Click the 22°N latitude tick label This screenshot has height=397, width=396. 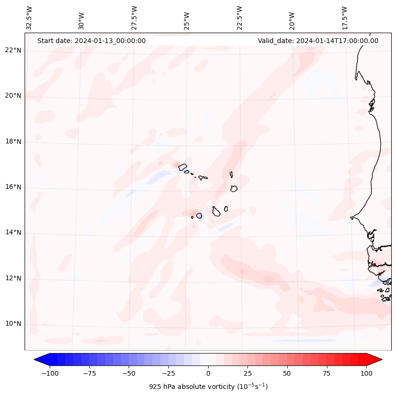coord(13,51)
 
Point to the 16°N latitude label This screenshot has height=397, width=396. coord(13,187)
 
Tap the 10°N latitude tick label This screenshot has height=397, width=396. coord(13,324)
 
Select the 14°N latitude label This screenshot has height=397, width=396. coord(13,233)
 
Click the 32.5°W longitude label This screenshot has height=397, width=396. coord(29,18)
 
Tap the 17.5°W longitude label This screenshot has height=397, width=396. coord(344,18)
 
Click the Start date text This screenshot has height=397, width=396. coord(91,41)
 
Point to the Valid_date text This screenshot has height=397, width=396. coord(318,41)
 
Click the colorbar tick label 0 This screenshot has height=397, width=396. coord(208,373)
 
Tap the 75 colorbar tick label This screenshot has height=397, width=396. coord(327,373)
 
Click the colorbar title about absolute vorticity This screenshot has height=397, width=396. coord(208,387)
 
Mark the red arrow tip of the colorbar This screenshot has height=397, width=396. coord(380,360)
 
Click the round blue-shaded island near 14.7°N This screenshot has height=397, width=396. coord(199,216)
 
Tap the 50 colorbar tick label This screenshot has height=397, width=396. coord(287,373)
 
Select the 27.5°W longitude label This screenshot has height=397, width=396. coord(134,18)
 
